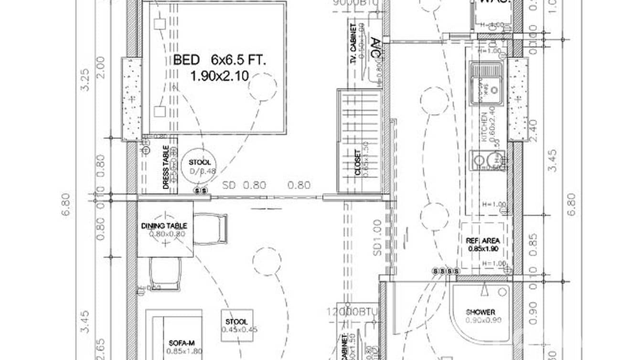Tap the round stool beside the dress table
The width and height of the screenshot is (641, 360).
pyautogui.click(x=199, y=167)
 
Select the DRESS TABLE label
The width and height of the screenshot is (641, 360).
pyautogui.click(x=166, y=167)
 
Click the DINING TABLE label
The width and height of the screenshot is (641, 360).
pyautogui.click(x=164, y=225)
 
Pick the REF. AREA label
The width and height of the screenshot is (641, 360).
pyautogui.click(x=483, y=241)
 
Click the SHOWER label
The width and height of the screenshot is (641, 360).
pyautogui.click(x=481, y=312)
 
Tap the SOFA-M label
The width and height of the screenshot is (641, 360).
pyautogui.click(x=180, y=343)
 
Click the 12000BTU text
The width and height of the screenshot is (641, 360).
pyautogui.click(x=359, y=312)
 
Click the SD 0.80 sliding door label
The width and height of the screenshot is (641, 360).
pyautogui.click(x=244, y=185)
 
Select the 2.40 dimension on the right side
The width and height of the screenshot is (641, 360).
pyautogui.click(x=534, y=128)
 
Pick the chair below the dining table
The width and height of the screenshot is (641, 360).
pyautogui.click(x=165, y=274)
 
